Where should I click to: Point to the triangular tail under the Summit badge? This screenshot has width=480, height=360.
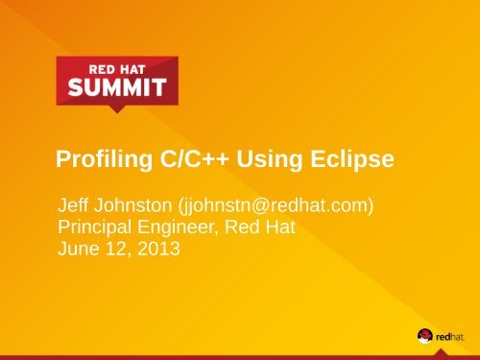[116, 108]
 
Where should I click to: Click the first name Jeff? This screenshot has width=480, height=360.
[74, 205]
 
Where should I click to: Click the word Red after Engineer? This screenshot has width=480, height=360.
[250, 228]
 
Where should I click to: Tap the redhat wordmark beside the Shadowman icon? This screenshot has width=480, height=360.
[451, 336]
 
